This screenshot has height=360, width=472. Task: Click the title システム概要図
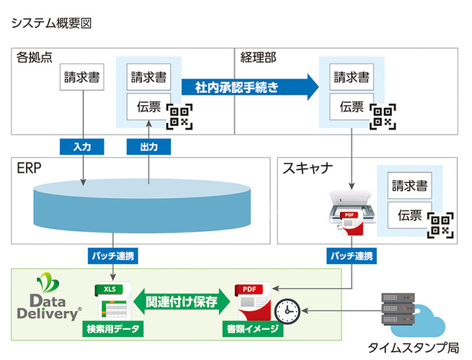click(52, 23)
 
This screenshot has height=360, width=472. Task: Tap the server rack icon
click(396, 309)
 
